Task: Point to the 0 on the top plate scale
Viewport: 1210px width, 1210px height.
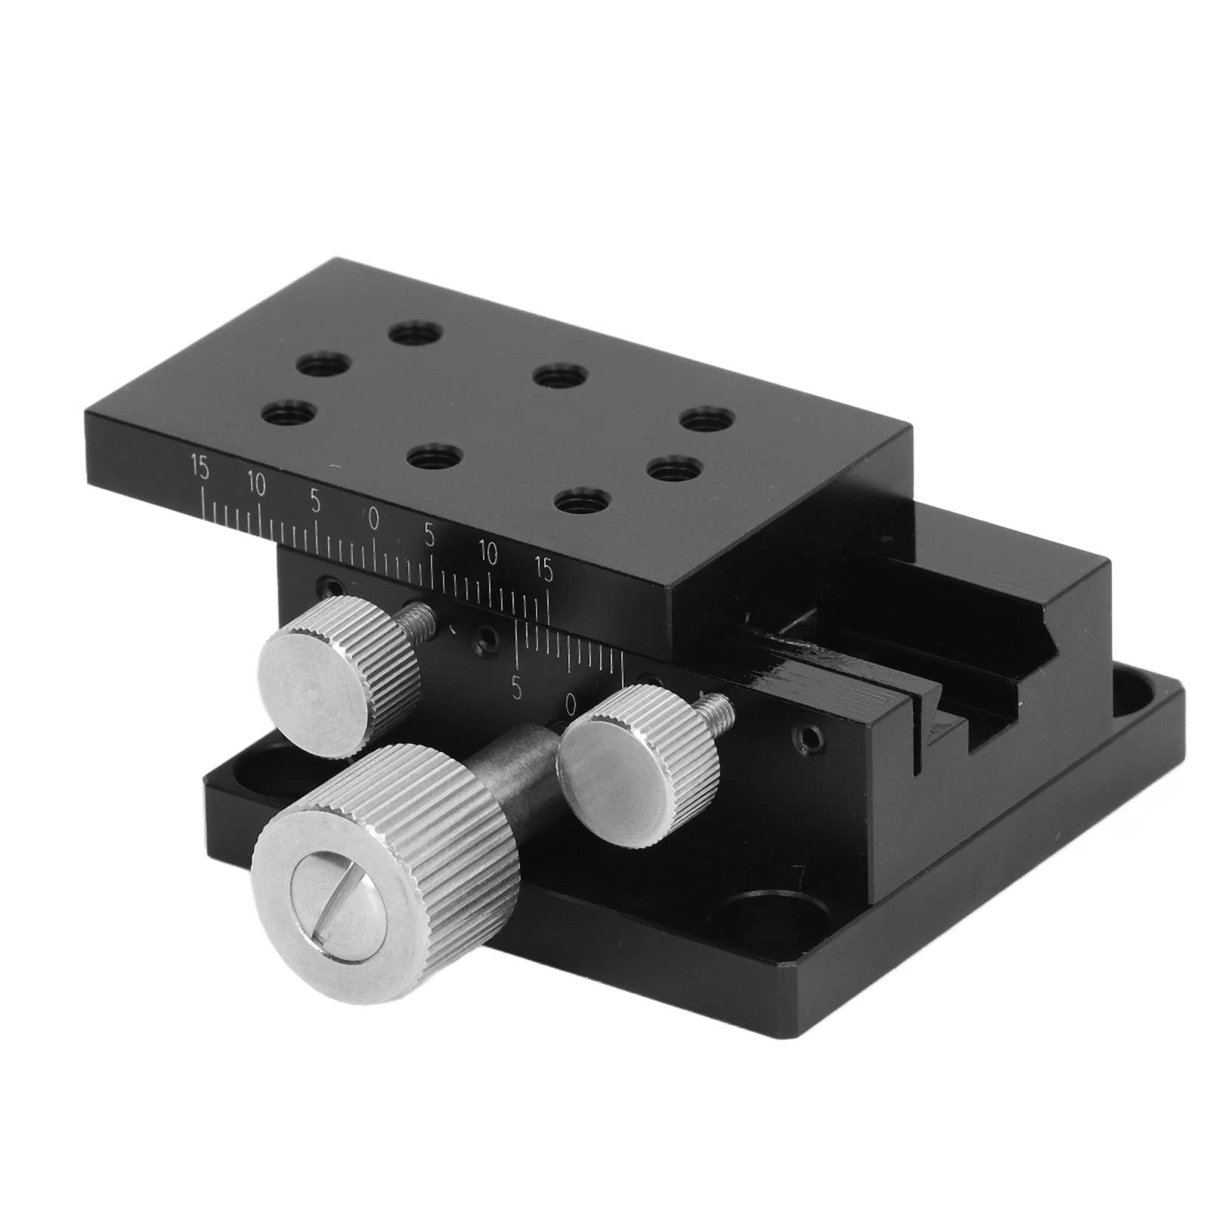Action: click(373, 518)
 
